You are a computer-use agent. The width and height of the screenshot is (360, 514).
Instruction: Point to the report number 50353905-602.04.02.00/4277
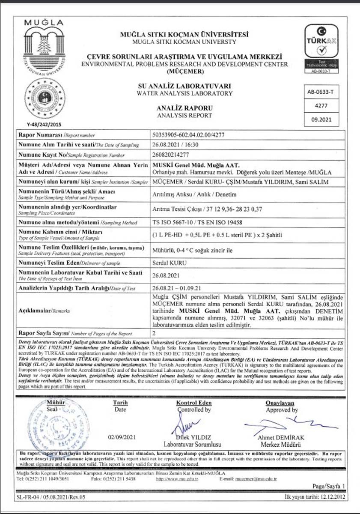coord(189,135)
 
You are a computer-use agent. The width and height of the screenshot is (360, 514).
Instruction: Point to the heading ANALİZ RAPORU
coord(184,108)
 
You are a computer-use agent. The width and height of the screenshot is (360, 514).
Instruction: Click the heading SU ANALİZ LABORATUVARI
coord(184,86)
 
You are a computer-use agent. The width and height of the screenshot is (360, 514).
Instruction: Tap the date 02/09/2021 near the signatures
coord(122,437)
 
